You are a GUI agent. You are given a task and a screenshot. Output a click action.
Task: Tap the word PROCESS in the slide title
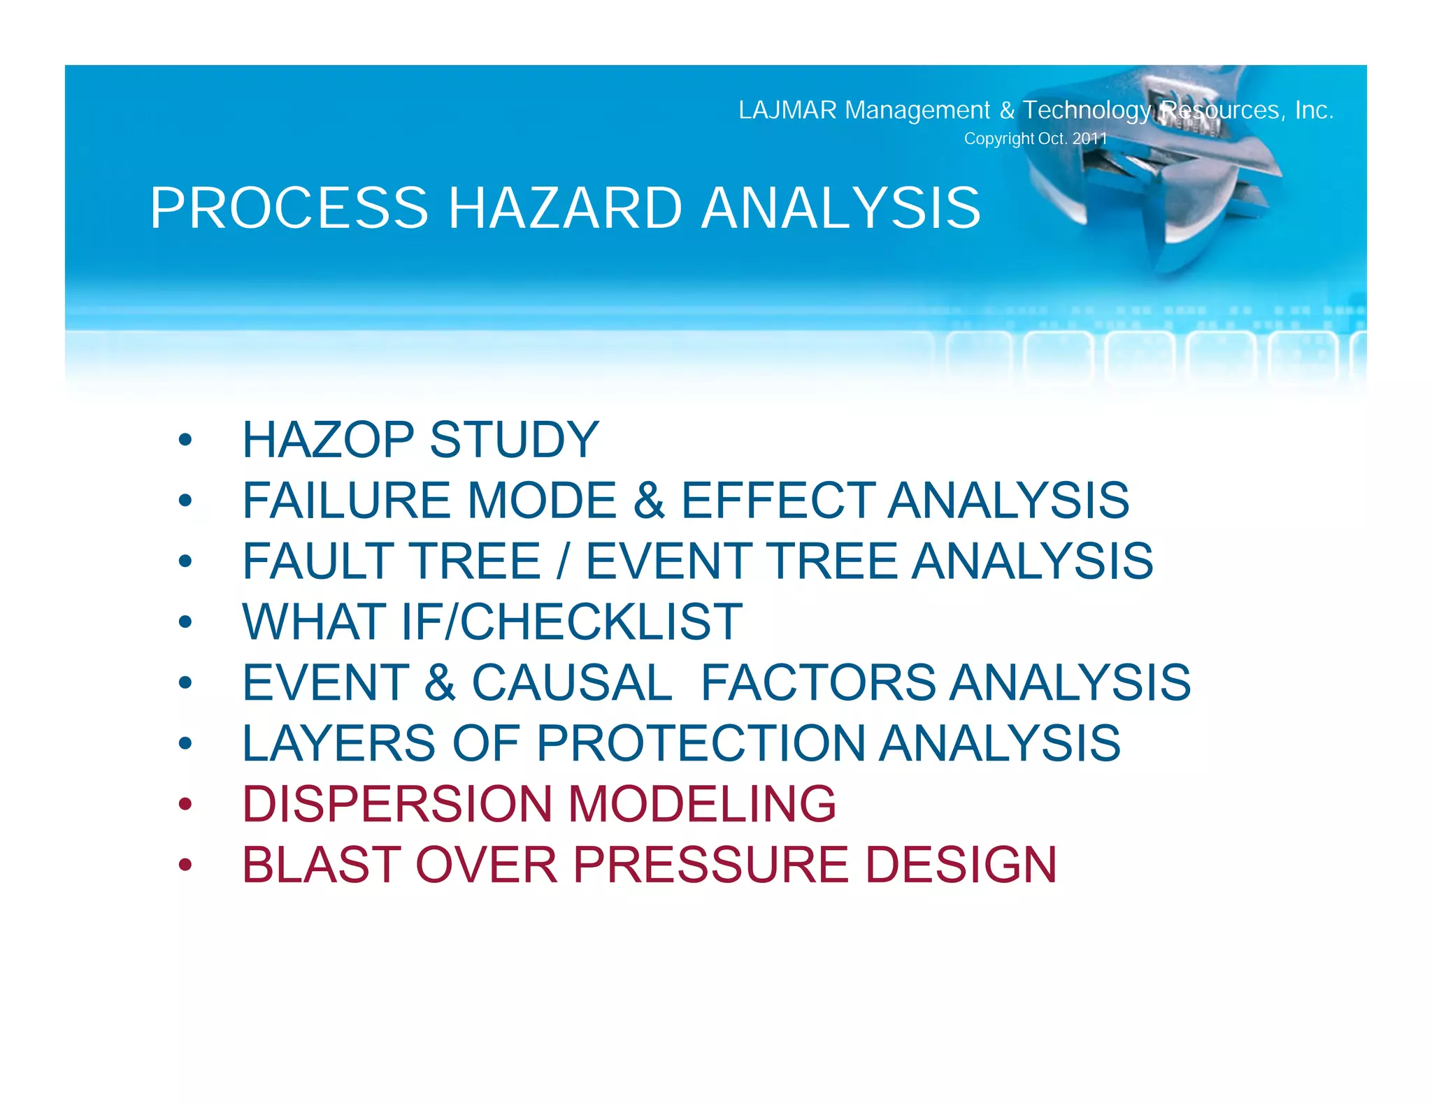point(289,208)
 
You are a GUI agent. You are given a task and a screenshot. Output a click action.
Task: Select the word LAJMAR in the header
point(787,110)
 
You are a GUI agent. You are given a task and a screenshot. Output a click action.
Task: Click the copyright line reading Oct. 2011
point(1036,138)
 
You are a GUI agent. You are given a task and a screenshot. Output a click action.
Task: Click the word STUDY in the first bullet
point(514,440)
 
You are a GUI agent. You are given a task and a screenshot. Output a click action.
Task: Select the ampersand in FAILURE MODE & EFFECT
point(649,501)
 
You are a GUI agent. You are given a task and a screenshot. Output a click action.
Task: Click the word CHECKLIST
point(601,622)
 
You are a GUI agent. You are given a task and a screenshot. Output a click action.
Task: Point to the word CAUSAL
point(572,682)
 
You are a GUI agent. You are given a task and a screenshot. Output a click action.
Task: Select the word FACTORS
point(818,682)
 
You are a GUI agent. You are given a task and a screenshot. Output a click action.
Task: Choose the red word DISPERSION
point(397,803)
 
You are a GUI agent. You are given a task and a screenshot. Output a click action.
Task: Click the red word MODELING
point(702,803)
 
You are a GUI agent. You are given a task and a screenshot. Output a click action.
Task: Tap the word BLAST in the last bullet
point(321,865)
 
